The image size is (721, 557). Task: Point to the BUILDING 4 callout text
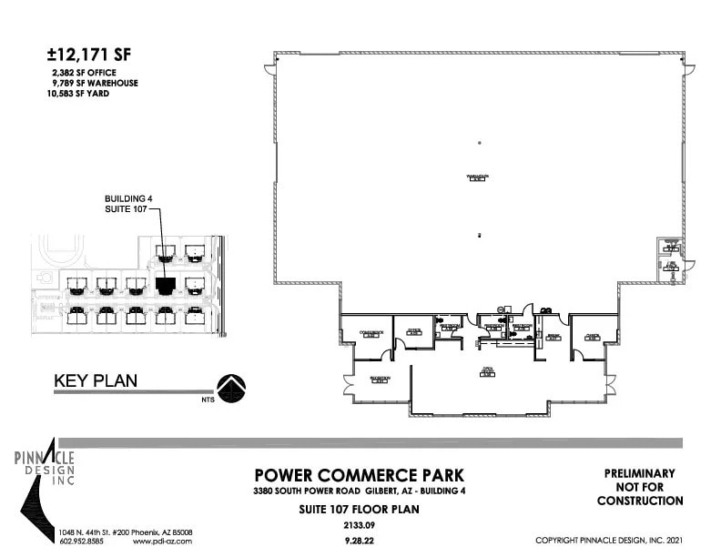(127, 197)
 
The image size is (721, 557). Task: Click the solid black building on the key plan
(165, 285)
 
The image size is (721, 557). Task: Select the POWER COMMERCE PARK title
(359, 475)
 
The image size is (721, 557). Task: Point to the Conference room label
(367, 333)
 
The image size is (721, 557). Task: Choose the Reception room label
(380, 378)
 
